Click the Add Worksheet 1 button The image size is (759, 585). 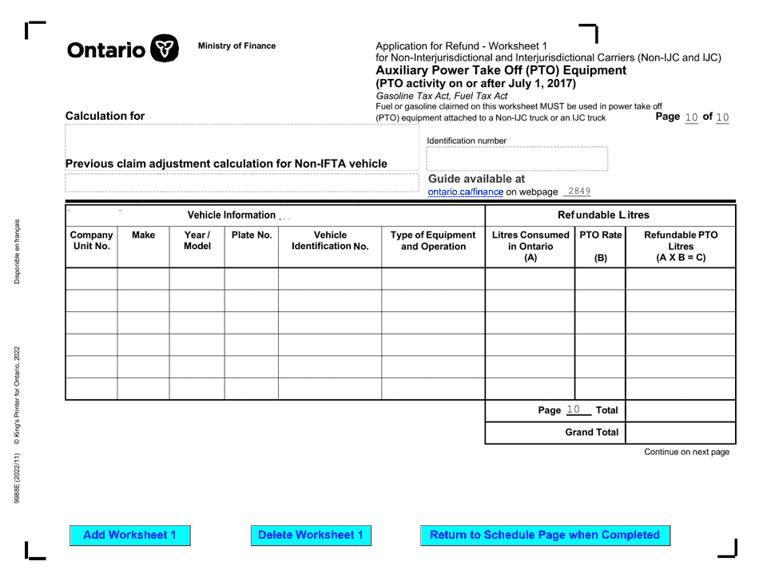pos(130,536)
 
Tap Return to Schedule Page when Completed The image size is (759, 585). pos(545,536)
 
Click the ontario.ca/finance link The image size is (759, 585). pos(465,192)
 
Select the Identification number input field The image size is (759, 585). pos(517,159)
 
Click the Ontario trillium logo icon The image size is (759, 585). pos(164,49)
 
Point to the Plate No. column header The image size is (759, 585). pos(252,235)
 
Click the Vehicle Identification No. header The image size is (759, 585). pos(330,241)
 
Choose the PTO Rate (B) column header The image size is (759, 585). pos(601,246)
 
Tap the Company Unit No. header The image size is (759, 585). pos(91,241)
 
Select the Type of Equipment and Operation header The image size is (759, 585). pos(433,241)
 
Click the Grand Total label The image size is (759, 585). pos(592,433)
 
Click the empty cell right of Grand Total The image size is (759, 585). pos(681,433)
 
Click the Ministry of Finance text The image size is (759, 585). pos(236,46)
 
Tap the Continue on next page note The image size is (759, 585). pos(686,452)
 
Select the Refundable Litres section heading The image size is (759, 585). pos(603,215)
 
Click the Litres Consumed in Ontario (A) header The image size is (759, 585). pos(531,246)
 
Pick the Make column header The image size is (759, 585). pos(143,235)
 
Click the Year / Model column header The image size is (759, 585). pos(197,241)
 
